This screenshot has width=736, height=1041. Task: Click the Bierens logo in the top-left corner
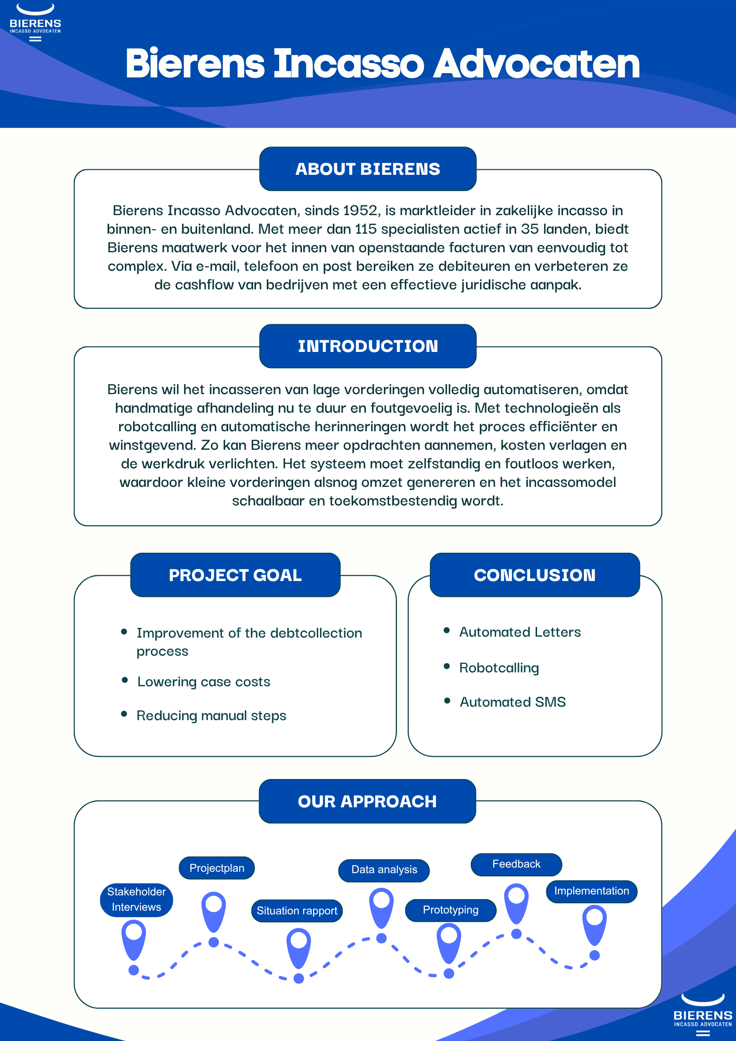pyautogui.click(x=35, y=22)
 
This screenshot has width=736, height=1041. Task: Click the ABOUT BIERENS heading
pyautogui.click(x=368, y=169)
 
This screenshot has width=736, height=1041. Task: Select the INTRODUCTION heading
pyautogui.click(x=368, y=346)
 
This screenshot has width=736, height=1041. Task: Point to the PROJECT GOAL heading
pyautogui.click(x=235, y=575)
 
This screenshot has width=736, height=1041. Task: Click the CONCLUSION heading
pyautogui.click(x=535, y=575)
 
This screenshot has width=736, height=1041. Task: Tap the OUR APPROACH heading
pyautogui.click(x=367, y=801)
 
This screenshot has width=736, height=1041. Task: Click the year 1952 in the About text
pyautogui.click(x=360, y=211)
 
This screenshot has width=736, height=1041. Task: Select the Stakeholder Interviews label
pyautogui.click(x=136, y=900)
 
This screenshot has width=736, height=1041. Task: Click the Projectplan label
pyautogui.click(x=217, y=868)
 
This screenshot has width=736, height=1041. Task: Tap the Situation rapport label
pyautogui.click(x=297, y=911)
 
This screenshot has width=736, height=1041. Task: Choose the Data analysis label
pyautogui.click(x=384, y=870)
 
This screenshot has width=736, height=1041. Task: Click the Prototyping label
pyautogui.click(x=451, y=910)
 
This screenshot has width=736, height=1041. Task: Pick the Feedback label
pyautogui.click(x=516, y=864)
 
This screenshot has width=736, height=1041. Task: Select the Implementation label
pyautogui.click(x=592, y=891)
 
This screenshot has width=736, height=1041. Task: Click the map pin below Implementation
pyautogui.click(x=595, y=925)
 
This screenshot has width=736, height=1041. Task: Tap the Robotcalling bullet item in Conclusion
pyautogui.click(x=499, y=668)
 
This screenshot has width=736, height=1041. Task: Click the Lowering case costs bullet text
pyautogui.click(x=204, y=682)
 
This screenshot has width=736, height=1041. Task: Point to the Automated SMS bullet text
pyautogui.click(x=512, y=702)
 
